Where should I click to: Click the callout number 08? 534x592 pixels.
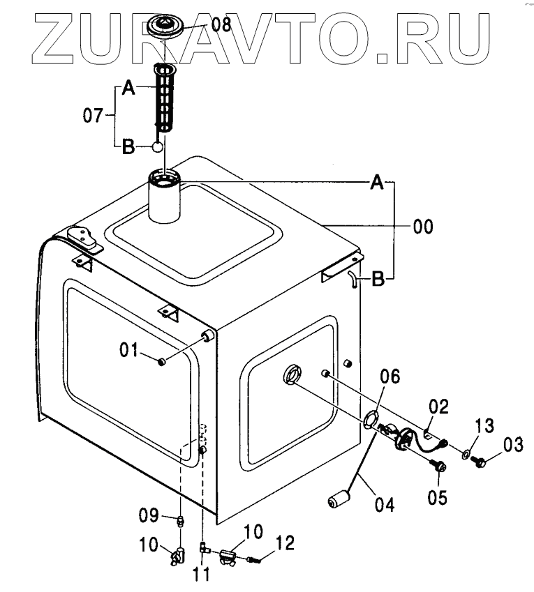coord(221,26)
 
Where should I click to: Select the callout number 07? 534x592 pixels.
coord(94,116)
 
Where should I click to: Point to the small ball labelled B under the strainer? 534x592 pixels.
coord(158,147)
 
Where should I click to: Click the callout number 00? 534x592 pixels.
coord(422,226)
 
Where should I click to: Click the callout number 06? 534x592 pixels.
coord(390,379)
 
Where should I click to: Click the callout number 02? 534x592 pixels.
coord(439,407)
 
